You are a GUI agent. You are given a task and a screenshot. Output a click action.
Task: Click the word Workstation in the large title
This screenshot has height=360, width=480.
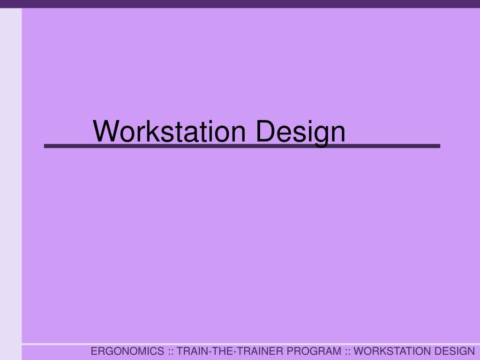pyautogui.click(x=169, y=131)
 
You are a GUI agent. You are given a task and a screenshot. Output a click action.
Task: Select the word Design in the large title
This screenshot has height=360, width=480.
pyautogui.click(x=300, y=133)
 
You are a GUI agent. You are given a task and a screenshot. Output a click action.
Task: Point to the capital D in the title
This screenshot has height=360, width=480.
pyautogui.click(x=265, y=131)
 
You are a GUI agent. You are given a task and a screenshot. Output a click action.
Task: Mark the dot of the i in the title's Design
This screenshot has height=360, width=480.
pyautogui.click(x=308, y=121)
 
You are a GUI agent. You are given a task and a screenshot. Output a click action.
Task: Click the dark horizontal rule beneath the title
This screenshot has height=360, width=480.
pyautogui.click(x=242, y=146)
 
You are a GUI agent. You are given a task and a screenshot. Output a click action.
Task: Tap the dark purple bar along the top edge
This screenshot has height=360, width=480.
pyautogui.click(x=240, y=4)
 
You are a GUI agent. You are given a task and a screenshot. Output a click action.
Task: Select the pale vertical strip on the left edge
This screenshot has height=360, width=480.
pyautogui.click(x=11, y=184)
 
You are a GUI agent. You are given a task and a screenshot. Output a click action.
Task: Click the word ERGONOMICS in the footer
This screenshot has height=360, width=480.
pyautogui.click(x=127, y=351)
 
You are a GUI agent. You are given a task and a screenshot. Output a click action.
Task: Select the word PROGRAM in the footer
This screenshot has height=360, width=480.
pyautogui.click(x=314, y=351)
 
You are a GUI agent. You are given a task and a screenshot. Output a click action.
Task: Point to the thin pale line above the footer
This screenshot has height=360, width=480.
pyautogui.click(x=251, y=345)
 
